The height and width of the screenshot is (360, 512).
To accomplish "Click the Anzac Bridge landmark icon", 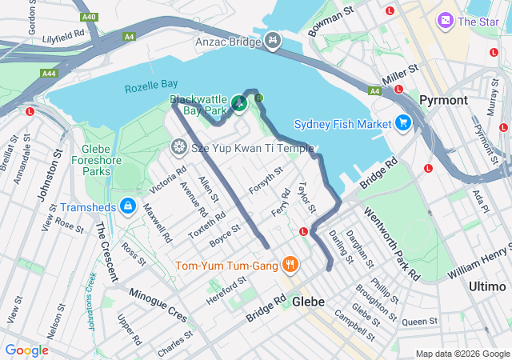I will click(274, 39).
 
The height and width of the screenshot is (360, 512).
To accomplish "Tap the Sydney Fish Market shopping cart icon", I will click(402, 123).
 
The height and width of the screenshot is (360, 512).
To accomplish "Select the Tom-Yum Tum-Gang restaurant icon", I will click(290, 265).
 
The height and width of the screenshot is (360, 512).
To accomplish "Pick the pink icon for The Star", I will click(445, 20).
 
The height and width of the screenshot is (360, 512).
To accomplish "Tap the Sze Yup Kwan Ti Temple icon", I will click(178, 147).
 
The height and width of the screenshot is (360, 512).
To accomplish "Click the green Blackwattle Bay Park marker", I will click(238, 103).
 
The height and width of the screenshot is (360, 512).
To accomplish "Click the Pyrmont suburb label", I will click(442, 100).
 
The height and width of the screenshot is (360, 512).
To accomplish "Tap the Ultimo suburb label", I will click(486, 286).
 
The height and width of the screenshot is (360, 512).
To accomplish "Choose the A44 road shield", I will click(49, 73).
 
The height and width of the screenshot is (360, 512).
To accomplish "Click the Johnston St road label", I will click(55, 161).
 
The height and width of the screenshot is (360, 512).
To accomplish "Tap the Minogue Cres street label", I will click(158, 301).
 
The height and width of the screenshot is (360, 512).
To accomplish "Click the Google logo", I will click(26, 350).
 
